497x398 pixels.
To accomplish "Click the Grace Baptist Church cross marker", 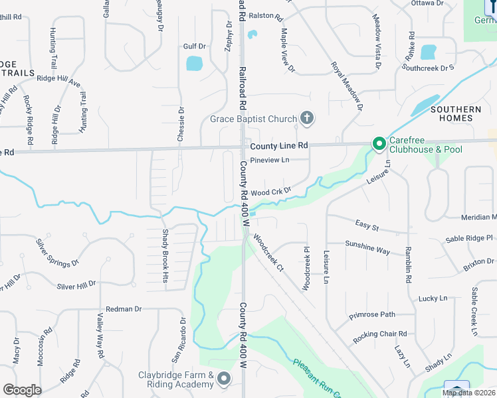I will click(x=306, y=119).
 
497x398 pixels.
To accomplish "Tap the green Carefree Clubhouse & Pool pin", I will click(x=379, y=144).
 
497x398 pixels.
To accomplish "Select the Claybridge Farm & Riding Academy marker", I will click(x=224, y=379).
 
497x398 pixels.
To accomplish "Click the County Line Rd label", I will click(x=279, y=145).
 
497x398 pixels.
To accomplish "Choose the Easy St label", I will click(x=367, y=228).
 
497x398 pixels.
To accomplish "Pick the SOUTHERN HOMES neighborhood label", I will click(x=456, y=113).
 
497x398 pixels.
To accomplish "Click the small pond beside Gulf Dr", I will click(x=194, y=64).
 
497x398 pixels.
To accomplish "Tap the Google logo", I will click(x=22, y=390).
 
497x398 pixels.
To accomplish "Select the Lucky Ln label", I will click(x=433, y=298).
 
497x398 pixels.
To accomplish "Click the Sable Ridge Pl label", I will click(x=470, y=237).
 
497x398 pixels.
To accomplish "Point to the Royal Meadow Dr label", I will click(x=348, y=87).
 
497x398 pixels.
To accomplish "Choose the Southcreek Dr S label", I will click(x=428, y=68).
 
